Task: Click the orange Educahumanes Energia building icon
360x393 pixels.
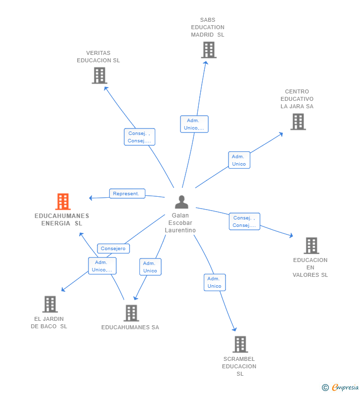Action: click(63, 201)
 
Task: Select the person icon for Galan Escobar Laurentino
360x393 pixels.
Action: click(181, 202)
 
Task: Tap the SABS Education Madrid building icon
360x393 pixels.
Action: click(209, 50)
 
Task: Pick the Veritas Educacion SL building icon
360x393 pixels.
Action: click(99, 76)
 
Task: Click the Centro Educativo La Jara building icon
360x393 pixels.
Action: click(298, 122)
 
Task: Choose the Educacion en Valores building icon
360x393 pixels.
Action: click(312, 246)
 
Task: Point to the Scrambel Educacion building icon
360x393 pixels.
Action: click(240, 344)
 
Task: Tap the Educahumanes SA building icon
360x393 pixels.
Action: click(131, 313)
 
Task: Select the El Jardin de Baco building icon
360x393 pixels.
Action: click(50, 304)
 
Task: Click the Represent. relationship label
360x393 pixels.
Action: click(127, 193)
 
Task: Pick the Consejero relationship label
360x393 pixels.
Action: click(113, 248)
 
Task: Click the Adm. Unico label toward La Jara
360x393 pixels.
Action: click(239, 160)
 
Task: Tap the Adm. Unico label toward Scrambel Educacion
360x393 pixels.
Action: click(215, 282)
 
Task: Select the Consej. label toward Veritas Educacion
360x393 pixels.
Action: click(139, 137)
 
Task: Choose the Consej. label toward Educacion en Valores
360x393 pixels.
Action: click(244, 221)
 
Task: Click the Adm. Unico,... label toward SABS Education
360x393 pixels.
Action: click(194, 124)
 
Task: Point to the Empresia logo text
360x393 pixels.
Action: click(345, 387)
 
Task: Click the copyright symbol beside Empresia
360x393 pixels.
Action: click(325, 388)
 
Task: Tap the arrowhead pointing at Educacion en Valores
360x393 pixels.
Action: click(291, 235)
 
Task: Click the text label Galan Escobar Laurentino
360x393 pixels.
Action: click(180, 223)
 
